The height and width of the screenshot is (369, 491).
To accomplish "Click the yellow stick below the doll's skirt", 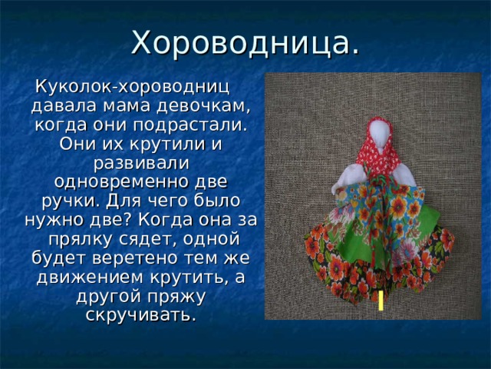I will click(379, 301).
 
